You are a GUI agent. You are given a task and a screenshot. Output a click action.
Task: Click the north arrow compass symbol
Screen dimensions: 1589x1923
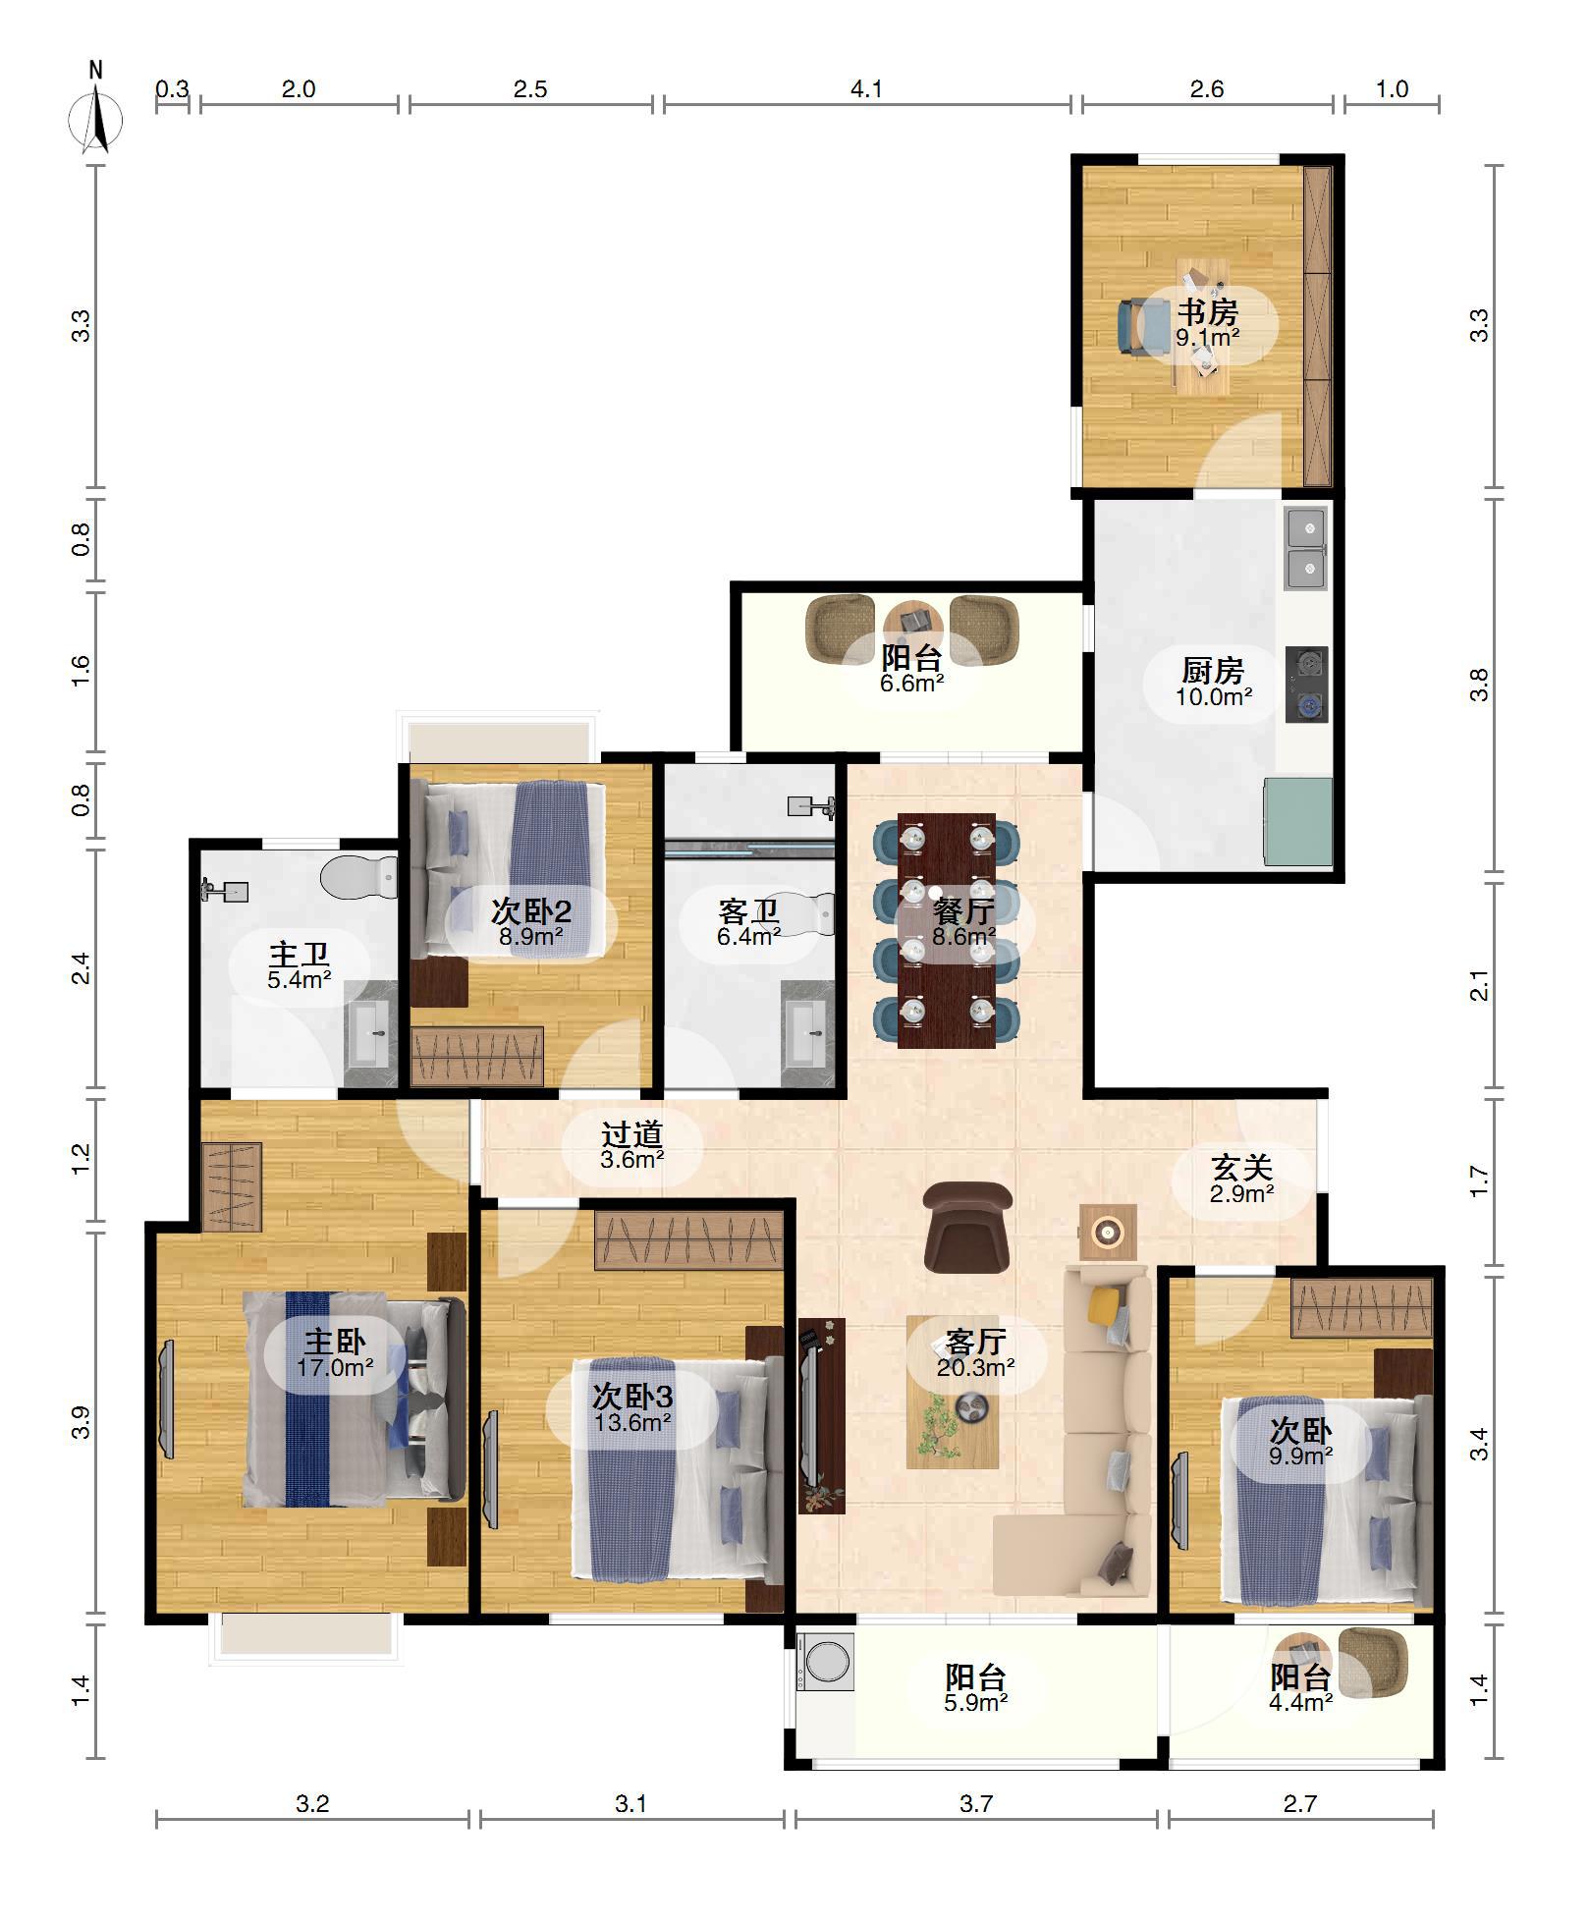click(95, 110)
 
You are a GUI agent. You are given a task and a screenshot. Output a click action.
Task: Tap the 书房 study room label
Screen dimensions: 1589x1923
click(1208, 312)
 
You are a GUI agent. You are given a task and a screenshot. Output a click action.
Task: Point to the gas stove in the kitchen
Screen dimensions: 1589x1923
click(1306, 684)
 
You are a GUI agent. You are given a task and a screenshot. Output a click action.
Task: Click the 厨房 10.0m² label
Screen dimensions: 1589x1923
click(1213, 683)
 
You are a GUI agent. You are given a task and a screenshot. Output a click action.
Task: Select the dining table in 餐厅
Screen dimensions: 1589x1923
click(946, 930)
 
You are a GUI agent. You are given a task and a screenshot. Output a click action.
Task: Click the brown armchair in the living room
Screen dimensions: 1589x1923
click(967, 1227)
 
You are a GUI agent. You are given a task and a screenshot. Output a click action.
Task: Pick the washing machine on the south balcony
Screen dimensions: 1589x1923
click(825, 1662)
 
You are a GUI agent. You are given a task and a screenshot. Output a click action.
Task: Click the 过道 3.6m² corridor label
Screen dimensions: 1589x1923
click(632, 1145)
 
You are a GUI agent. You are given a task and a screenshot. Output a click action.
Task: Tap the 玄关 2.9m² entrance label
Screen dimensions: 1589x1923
click(1242, 1179)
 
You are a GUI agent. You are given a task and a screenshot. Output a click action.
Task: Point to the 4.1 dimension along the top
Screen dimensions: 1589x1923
click(866, 89)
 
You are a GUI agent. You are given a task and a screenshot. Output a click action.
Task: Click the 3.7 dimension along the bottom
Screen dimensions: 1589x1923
click(976, 1803)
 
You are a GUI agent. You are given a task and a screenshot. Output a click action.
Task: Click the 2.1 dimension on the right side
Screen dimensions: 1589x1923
click(1479, 985)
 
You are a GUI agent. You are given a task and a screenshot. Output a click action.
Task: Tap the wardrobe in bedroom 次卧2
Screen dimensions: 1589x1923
click(476, 1056)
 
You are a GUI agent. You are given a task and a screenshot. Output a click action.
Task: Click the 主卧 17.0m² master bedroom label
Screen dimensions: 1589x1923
click(335, 1353)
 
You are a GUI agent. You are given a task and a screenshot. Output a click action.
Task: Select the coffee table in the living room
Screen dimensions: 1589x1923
click(953, 1392)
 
